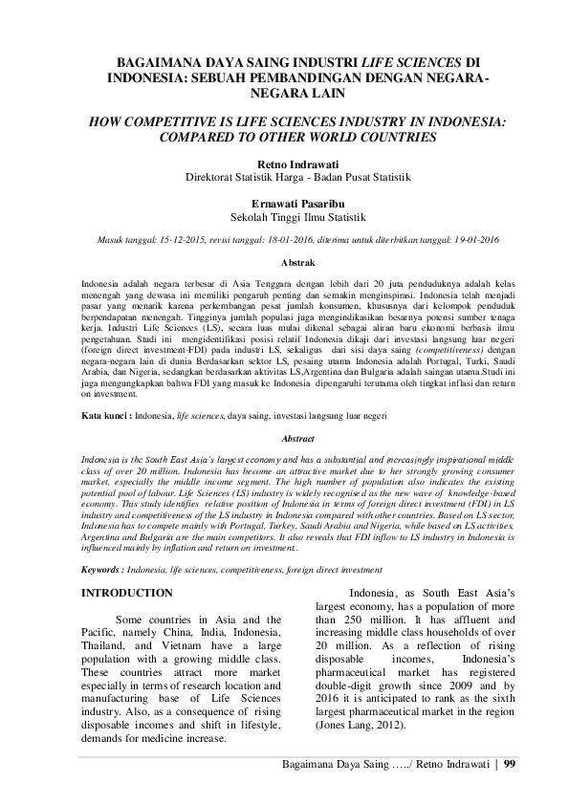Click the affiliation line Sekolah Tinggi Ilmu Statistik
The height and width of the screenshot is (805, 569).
coord(284,217)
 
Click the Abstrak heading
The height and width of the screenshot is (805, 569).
coord(284,261)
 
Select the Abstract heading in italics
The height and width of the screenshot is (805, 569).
coord(284,438)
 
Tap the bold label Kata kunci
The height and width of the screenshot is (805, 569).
coord(104,417)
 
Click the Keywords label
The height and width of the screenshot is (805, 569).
coord(104,568)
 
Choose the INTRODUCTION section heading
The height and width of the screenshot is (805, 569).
coord(127,594)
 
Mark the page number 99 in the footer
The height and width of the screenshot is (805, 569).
coord(510,763)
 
